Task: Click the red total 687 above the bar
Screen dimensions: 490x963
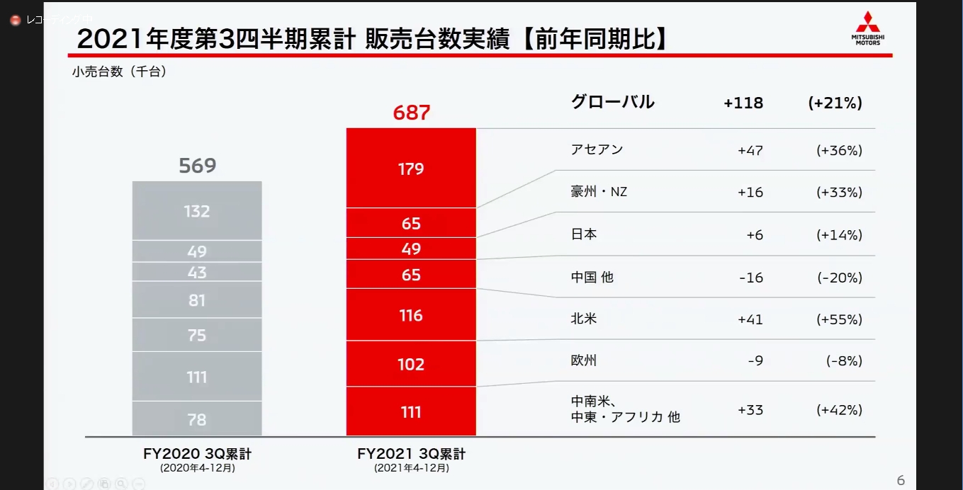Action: (x=411, y=113)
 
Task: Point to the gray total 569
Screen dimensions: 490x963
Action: (x=197, y=166)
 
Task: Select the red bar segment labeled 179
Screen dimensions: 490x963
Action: (x=411, y=169)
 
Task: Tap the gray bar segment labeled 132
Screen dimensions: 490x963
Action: (x=197, y=211)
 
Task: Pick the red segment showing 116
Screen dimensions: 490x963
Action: (x=411, y=315)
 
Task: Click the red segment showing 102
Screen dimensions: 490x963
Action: (x=411, y=364)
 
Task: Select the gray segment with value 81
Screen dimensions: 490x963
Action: (x=197, y=300)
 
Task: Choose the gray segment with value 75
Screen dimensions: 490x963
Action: (x=197, y=335)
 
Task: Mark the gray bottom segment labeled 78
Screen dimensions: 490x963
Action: (x=197, y=419)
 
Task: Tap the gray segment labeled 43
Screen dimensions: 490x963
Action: (x=197, y=273)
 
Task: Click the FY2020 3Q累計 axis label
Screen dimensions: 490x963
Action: (x=197, y=455)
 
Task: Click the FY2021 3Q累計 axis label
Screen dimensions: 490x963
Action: (x=411, y=455)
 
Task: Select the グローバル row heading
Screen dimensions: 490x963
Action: (x=612, y=103)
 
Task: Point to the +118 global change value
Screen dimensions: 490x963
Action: (x=743, y=103)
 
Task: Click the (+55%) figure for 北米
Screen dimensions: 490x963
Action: (x=839, y=319)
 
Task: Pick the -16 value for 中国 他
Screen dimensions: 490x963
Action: (x=750, y=278)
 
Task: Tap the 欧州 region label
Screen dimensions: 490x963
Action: (x=584, y=360)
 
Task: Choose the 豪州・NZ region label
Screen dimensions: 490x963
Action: (x=599, y=192)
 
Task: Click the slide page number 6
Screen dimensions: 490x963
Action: (x=901, y=481)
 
